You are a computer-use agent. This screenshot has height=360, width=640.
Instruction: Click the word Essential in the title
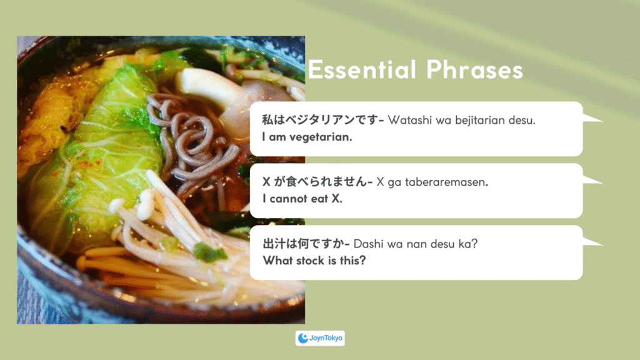click(x=362, y=69)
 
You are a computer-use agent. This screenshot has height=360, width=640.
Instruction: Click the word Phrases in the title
click(x=475, y=69)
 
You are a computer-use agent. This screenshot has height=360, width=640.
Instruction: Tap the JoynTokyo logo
click(x=320, y=338)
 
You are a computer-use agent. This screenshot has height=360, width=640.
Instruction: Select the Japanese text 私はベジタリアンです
click(x=320, y=119)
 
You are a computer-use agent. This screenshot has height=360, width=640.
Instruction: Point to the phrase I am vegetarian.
click(x=307, y=137)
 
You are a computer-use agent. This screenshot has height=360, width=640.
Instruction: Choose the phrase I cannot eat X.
click(x=302, y=199)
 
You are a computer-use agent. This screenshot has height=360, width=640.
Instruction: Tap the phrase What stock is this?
click(x=314, y=261)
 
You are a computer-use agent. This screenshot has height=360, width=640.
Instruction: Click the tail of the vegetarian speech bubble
click(x=592, y=118)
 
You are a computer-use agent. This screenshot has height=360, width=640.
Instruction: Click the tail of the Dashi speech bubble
click(x=592, y=242)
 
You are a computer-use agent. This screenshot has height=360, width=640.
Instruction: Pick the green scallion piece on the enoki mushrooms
click(x=210, y=252)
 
